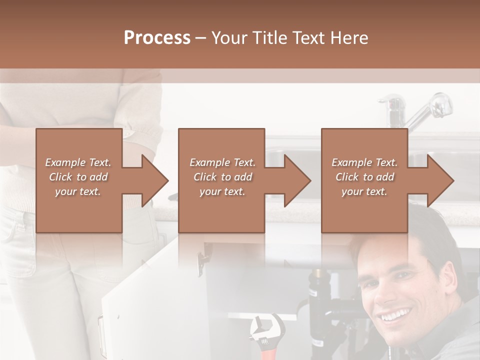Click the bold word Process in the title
157,37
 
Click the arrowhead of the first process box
155,180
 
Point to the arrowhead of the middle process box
298,180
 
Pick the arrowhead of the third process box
440,180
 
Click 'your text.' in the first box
78,191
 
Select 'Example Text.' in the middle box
222,162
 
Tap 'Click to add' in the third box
364,177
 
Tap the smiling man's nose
392,294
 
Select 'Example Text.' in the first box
78,162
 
